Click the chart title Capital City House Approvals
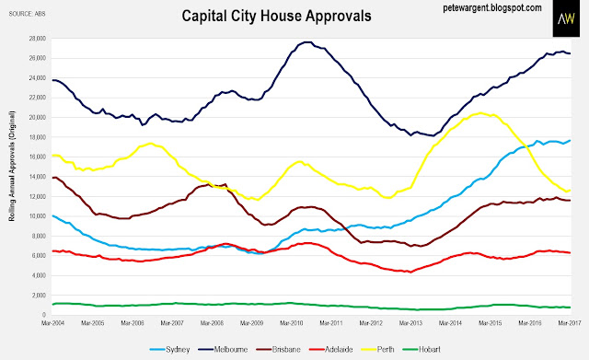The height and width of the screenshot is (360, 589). coord(276,17)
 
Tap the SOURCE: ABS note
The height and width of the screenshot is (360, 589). coord(27,14)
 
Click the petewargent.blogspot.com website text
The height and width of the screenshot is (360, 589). coord(492,8)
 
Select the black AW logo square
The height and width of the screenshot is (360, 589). coord(566,18)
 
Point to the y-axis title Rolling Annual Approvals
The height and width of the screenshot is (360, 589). coord(12,166)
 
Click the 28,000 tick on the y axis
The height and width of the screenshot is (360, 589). coord(38,39)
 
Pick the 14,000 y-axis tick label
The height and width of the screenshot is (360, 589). coord(38,177)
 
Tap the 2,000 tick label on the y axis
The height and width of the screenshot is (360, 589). coord(39,296)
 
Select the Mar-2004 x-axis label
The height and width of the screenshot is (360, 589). coord(53,323)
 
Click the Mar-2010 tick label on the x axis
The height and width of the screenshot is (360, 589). coord(292,323)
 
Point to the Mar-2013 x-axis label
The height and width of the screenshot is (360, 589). coord(410,323)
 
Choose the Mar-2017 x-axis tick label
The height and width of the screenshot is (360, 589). coord(570,323)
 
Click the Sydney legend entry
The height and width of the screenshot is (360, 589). coord(169,350)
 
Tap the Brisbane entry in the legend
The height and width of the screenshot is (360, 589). coord(278,350)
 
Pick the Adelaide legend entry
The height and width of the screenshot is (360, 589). coord(331,350)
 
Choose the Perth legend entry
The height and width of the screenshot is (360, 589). coord(377,350)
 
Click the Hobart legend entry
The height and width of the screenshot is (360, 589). coord(422,350)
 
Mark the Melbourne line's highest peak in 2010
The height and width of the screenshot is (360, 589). coord(306,42)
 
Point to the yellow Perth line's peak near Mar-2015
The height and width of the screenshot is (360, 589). coord(480,112)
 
